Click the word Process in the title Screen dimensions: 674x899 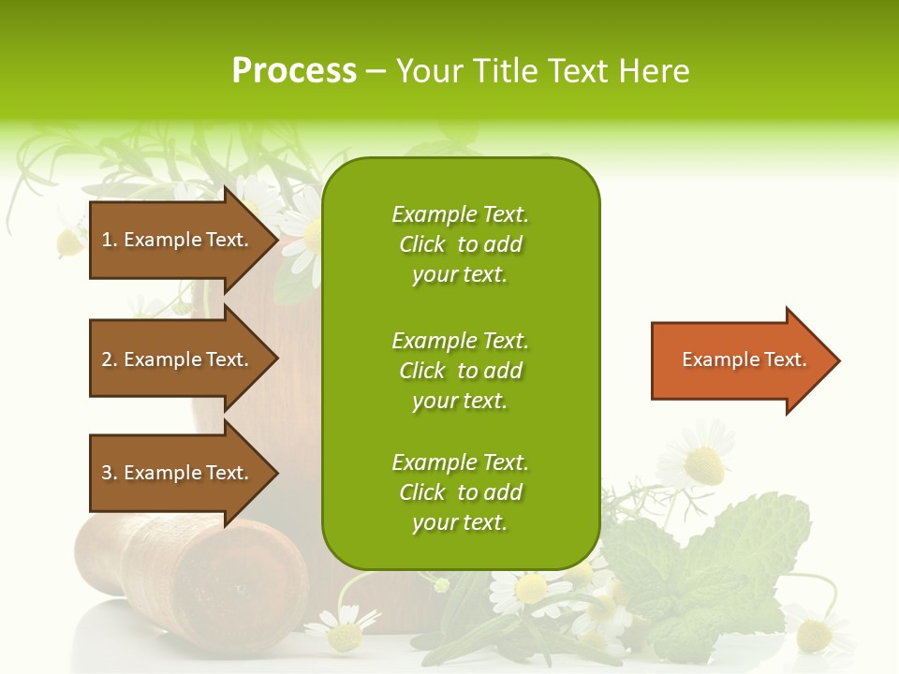294,71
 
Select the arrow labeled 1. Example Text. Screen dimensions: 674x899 178,240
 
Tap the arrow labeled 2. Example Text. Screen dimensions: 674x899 178,359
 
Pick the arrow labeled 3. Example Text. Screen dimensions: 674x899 178,473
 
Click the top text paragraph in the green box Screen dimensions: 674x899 460,244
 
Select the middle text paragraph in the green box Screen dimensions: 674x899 460,371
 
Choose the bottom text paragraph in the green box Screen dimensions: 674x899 460,492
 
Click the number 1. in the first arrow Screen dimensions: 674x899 110,240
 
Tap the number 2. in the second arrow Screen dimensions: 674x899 110,359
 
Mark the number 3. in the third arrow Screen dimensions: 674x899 110,473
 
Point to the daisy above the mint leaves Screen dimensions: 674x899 698,459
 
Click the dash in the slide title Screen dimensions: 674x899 376,71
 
